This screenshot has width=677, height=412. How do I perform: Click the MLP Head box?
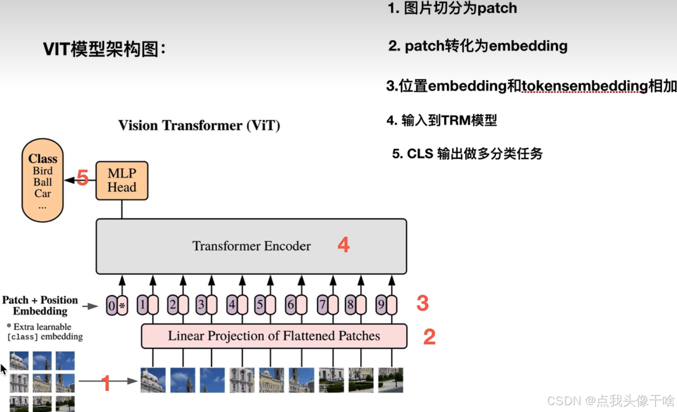122,180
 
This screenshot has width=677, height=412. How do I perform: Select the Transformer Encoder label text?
251,246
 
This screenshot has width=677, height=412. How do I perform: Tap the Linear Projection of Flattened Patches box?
274,336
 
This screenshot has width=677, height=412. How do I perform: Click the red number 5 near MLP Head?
82,178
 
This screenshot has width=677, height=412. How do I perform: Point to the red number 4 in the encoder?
343,245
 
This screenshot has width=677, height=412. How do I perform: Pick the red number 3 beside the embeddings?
422,304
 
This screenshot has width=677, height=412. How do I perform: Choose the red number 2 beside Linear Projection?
429,337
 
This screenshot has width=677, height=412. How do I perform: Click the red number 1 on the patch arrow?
105,383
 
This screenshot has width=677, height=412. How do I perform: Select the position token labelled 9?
381,305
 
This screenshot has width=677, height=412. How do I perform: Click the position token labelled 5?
260,305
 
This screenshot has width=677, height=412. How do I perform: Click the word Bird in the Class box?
43,171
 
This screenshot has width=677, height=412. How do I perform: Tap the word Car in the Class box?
43,193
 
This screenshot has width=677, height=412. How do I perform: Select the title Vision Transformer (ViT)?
199,126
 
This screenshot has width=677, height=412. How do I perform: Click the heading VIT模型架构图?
104,49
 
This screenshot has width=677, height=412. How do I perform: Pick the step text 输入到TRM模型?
448,121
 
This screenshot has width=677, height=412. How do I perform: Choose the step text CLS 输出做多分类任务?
467,154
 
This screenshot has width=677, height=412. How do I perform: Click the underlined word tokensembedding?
584,86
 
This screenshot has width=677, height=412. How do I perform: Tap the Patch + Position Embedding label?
40,305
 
